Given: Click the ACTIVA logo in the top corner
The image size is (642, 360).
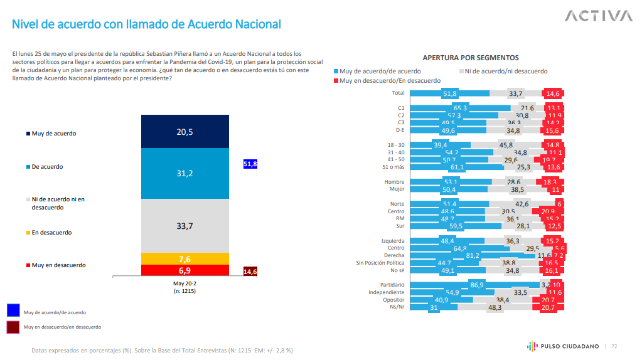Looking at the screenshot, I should coord(598,16).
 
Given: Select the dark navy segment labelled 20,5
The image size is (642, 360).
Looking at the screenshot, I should coord(185,131).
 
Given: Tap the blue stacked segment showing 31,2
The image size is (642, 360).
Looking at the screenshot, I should coord(185,174).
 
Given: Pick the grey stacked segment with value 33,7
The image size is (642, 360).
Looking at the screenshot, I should coord(185,226).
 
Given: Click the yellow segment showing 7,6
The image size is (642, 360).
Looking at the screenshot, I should coord(185,258).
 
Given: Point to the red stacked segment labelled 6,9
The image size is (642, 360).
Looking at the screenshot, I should coord(185,270).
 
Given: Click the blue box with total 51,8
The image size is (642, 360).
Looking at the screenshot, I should coord(250,164).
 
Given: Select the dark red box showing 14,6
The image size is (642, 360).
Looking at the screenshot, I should coord(250,271).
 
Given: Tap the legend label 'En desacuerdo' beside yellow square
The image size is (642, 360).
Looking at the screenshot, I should coord(51,232).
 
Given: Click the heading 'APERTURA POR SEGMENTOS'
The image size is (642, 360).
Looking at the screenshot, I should coord(471,57).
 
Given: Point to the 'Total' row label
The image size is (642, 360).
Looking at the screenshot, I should coord(398,93).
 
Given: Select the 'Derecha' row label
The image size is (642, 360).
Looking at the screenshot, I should coord(393,256).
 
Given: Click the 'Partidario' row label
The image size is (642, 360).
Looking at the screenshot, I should coord(392,285).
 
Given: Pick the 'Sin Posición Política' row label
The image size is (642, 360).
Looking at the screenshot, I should coord(380,263).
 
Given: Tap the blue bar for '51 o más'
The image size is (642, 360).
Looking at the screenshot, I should coord(446,167).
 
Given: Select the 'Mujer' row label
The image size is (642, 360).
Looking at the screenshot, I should coord(396,189).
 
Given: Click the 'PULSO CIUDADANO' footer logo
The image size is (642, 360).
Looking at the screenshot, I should coord(563,346).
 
